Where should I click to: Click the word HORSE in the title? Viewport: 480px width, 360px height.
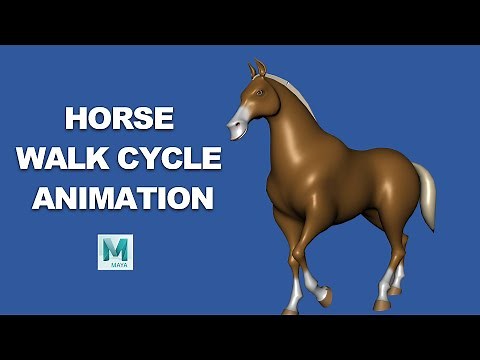click(x=119, y=119)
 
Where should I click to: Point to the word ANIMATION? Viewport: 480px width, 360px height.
click(x=122, y=197)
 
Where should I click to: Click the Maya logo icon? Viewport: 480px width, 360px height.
click(x=115, y=252)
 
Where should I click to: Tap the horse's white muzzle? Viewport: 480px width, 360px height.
click(x=237, y=126)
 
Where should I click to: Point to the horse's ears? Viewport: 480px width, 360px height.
click(x=258, y=69)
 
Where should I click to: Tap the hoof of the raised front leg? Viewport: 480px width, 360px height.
click(x=325, y=296)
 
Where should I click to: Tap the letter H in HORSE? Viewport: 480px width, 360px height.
click(x=76, y=119)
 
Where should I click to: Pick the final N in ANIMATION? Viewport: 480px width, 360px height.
click(x=200, y=197)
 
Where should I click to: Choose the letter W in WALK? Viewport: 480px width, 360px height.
click(x=40, y=158)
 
